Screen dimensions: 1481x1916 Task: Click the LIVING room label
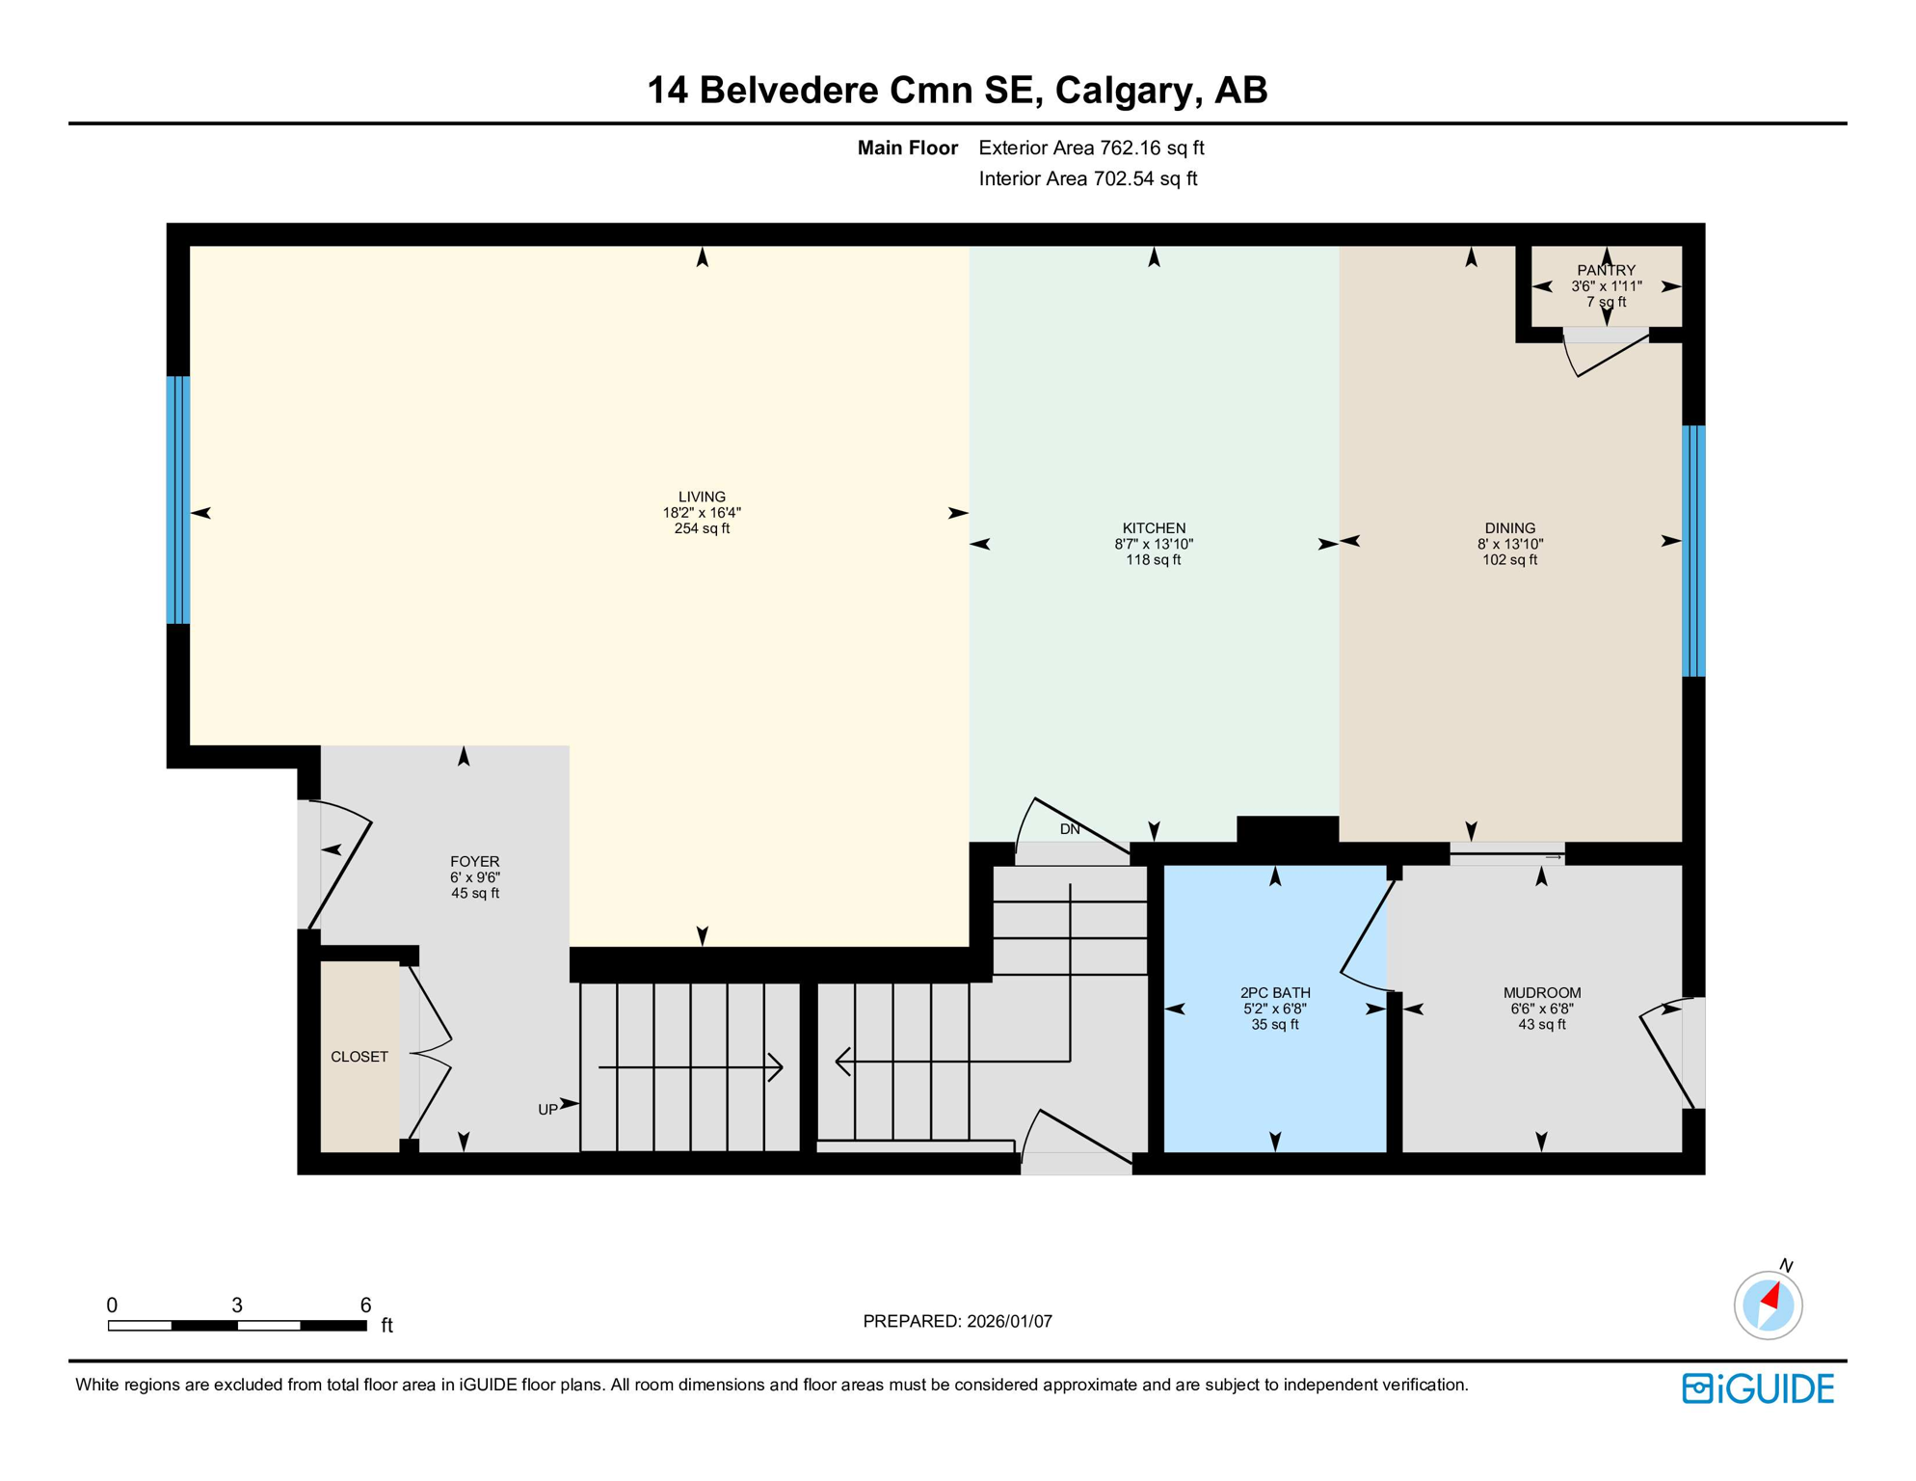702,497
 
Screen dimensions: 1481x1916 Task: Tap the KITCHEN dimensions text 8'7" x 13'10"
1154,544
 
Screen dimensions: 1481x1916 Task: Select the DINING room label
1509,527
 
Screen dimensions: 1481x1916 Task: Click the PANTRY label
1606,270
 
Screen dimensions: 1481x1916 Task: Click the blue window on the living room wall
178,499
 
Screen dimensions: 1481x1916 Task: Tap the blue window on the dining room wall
1693,551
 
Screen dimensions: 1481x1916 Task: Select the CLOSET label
359,1057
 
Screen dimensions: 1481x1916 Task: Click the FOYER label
474,861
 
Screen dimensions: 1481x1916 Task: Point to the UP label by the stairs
547,1110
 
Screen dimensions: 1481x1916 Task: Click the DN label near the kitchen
1070,829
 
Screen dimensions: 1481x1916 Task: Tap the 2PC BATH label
1274,992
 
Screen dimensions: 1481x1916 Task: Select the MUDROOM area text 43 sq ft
1541,1024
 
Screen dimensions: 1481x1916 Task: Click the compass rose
1768,1305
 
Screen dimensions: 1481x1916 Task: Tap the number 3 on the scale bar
237,1305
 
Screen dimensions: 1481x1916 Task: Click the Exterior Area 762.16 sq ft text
1091,148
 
